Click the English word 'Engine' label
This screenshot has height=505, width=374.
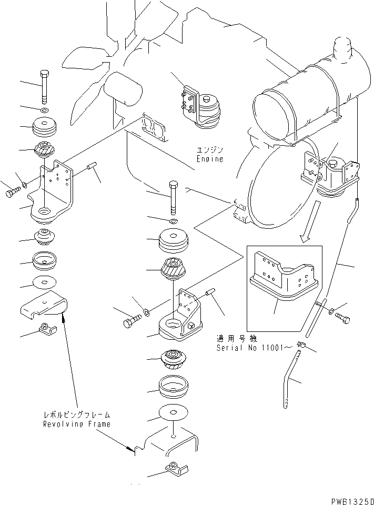(210, 158)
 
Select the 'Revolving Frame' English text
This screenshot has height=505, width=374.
(77, 424)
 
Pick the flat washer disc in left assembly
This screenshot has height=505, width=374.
(44, 282)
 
